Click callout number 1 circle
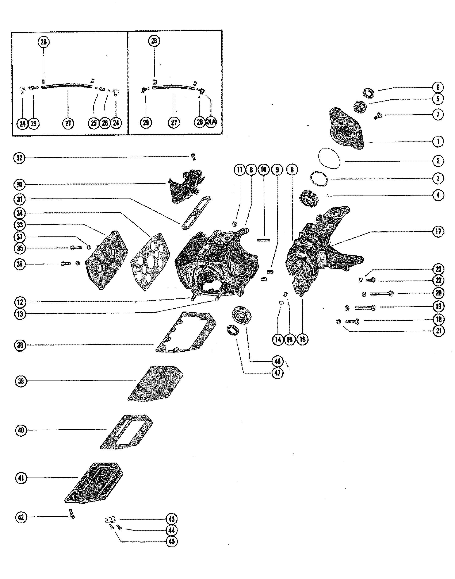pyautogui.click(x=438, y=141)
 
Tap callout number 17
pyautogui.click(x=438, y=231)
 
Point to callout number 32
pyautogui.click(x=19, y=158)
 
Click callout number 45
pyautogui.click(x=172, y=541)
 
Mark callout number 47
pyautogui.click(x=278, y=373)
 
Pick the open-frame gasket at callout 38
pyautogui.click(x=186, y=332)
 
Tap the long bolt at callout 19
pyautogui.click(x=365, y=308)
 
